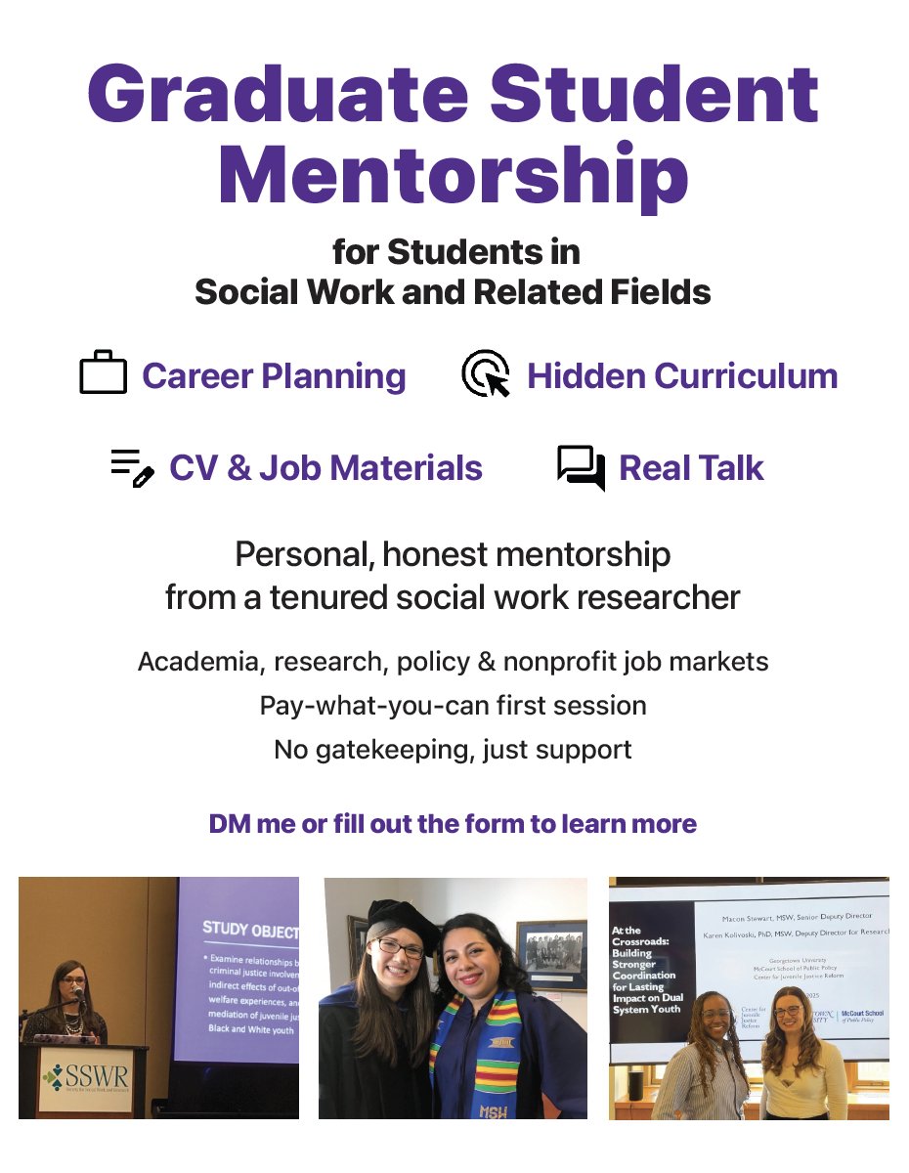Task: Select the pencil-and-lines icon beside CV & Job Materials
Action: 132,467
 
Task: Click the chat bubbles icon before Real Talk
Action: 581,467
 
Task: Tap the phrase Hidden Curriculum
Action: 682,376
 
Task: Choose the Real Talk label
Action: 691,468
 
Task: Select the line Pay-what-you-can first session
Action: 454,705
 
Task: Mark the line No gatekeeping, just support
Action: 454,750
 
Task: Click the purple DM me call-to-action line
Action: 454,823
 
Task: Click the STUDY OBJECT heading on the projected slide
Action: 249,930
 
